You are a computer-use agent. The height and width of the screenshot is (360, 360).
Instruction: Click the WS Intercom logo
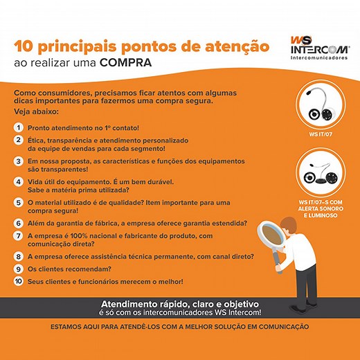tap(320, 48)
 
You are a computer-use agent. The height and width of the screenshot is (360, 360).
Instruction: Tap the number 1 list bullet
tap(19, 127)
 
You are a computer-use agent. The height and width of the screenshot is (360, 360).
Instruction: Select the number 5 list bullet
tap(19, 203)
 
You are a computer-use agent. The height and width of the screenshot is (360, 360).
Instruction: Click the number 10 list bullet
tap(19, 281)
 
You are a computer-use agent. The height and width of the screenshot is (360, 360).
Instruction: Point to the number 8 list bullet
tap(19, 256)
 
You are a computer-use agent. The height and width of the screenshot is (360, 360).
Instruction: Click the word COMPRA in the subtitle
tap(125, 63)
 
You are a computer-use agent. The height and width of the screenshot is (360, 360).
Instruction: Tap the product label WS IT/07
tap(321, 134)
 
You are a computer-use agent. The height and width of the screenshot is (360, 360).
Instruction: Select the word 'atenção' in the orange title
tap(237, 46)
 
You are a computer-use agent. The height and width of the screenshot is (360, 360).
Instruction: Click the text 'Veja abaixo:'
tap(36, 111)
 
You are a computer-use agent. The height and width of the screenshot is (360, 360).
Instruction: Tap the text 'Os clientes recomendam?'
tap(69, 269)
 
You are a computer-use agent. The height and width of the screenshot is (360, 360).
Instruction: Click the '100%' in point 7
tap(79, 236)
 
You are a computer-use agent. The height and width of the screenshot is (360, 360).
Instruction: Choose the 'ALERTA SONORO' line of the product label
tap(321, 209)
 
